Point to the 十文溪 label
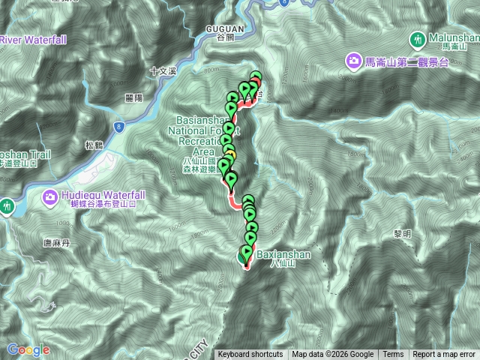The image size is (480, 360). (161, 71)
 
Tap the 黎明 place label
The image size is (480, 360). (403, 234)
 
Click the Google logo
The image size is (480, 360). (28, 349)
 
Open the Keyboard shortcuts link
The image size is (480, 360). (250, 355)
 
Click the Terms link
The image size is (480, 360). (393, 355)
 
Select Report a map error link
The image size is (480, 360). (444, 355)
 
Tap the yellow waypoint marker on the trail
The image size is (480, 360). (231, 155)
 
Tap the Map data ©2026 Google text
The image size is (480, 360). (333, 355)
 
